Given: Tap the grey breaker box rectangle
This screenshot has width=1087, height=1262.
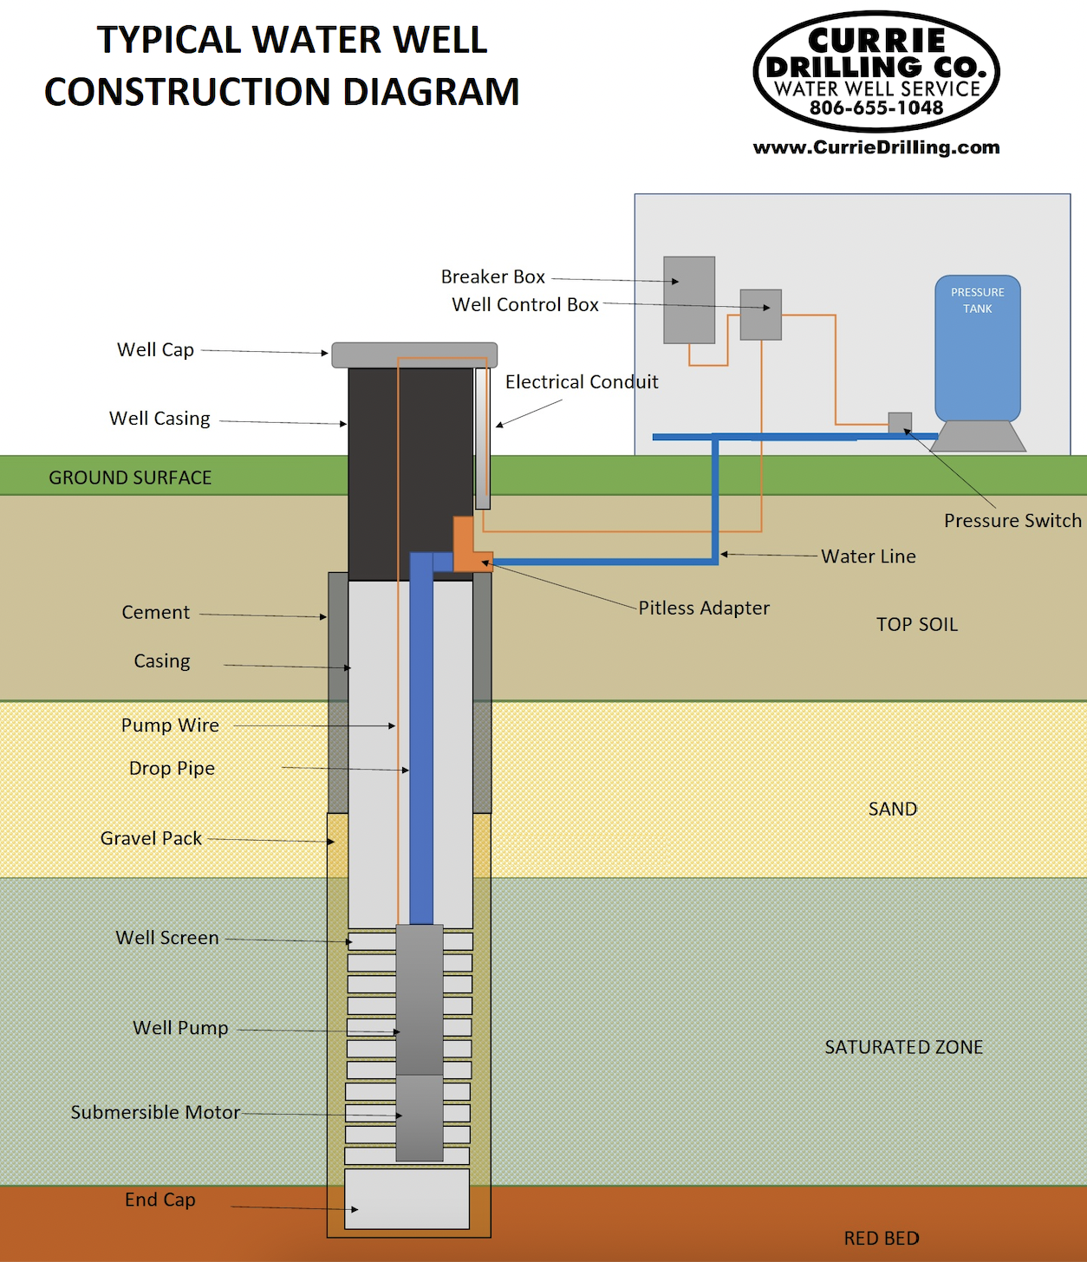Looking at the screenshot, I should click(x=689, y=300).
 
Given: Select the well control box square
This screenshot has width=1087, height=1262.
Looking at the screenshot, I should click(x=760, y=315).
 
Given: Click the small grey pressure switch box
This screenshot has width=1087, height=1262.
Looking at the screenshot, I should click(x=900, y=422).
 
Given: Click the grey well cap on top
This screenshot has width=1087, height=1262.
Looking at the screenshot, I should click(x=414, y=355).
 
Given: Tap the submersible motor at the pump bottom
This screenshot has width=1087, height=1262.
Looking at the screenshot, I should click(x=420, y=1118).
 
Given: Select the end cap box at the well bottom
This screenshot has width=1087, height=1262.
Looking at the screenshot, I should click(x=407, y=1199).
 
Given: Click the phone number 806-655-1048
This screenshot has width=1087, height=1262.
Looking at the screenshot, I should click(x=875, y=107).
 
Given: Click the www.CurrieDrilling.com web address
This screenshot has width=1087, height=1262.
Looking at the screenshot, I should click(x=875, y=147).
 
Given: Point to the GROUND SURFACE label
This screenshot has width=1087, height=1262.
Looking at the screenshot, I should click(x=130, y=478).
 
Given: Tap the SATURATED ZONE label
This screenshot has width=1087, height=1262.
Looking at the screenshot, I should click(x=903, y=1047).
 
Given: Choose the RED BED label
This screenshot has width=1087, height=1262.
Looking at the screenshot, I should click(x=882, y=1239).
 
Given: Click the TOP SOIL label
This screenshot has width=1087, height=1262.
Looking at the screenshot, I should click(x=916, y=624).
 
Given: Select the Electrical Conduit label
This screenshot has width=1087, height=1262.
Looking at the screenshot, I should click(x=582, y=382).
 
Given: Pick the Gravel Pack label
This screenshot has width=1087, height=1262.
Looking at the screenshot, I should click(x=151, y=838).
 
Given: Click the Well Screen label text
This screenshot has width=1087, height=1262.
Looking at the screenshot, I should click(x=167, y=938).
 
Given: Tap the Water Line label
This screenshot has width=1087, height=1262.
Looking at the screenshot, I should click(x=868, y=556).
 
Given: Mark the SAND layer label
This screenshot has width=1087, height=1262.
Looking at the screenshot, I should click(x=892, y=809).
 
